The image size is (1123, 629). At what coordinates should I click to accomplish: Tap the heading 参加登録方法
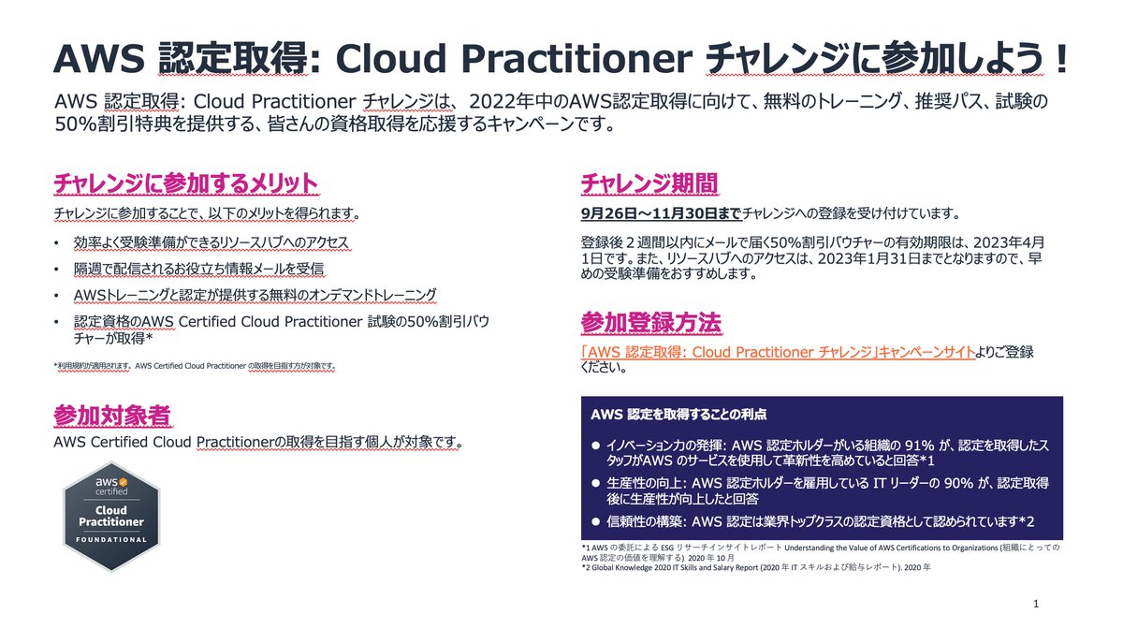point(650,323)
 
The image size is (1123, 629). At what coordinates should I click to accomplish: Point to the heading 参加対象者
point(112,415)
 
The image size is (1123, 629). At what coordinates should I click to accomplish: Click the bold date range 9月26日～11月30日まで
point(661,213)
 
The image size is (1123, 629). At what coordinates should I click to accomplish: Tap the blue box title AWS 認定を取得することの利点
point(680,413)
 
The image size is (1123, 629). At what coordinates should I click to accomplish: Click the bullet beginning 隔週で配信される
point(198,270)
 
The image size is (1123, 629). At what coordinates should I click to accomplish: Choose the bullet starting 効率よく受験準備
point(211,243)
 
